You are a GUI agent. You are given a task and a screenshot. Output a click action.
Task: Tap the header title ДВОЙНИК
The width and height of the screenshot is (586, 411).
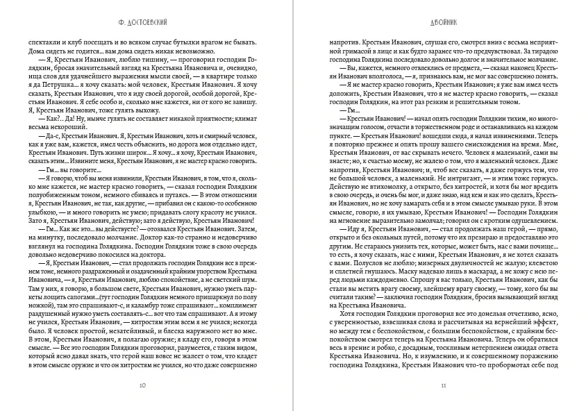(443, 22)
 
